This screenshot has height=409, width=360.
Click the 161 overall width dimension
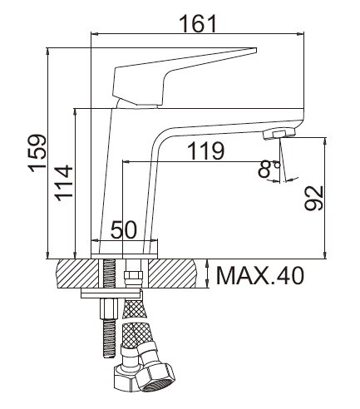pos(198,23)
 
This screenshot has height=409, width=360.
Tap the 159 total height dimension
pos(37,153)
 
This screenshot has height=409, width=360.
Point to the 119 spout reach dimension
pos(205,150)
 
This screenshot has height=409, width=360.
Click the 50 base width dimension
pos(124,229)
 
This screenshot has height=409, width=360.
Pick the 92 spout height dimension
pos(313,198)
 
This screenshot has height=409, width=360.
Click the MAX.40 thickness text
pos(260,275)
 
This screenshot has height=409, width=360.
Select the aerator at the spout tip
pos(279,134)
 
